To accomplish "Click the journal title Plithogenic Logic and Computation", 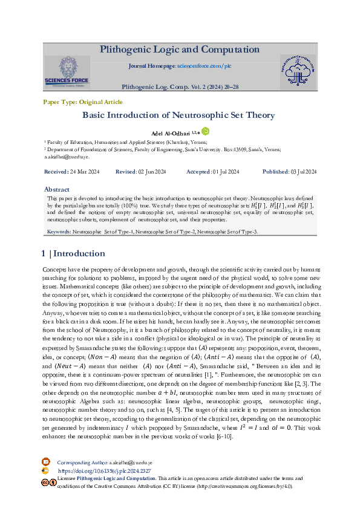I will [180, 50].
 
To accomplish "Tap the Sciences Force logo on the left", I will [66, 73].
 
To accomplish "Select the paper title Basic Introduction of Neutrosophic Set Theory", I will [178, 115].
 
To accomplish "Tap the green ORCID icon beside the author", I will [205, 131].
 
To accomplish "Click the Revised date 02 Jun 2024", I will [152, 172].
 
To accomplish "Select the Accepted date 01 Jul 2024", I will [226, 172].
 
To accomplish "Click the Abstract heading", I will [57, 189].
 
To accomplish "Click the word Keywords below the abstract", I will [59, 232].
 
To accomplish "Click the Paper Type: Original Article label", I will [74, 102].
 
